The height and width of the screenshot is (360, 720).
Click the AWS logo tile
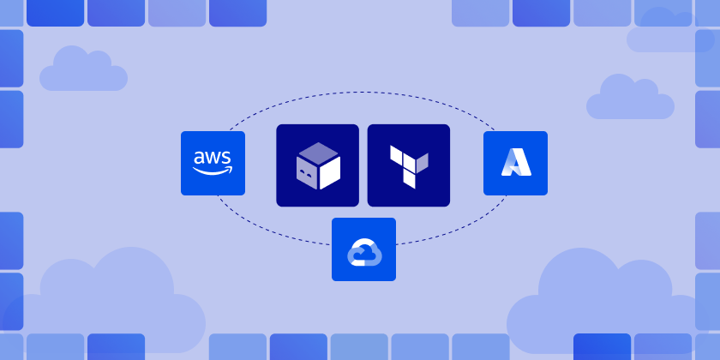[213, 163]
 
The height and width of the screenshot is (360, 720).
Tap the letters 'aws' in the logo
[213, 157]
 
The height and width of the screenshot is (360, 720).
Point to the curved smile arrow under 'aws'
[213, 170]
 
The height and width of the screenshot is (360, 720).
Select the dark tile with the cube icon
[317, 165]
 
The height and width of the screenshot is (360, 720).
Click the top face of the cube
[317, 153]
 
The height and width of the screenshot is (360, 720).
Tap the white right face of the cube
[329, 171]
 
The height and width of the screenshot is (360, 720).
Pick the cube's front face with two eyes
[307, 172]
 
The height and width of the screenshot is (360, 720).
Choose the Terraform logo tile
[408, 165]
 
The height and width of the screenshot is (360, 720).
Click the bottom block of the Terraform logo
[410, 179]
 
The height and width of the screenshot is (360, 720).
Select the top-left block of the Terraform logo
[396, 153]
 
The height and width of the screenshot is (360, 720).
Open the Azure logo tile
[515, 163]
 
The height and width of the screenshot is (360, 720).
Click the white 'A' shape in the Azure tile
[515, 163]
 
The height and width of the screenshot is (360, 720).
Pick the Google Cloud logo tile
[363, 249]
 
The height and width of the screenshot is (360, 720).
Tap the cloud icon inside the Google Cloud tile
[363, 251]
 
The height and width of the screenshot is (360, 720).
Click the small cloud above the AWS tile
[82, 70]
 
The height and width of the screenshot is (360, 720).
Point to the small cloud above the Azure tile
[629, 99]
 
